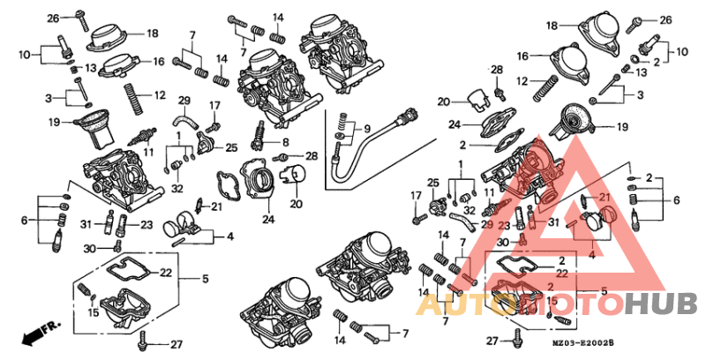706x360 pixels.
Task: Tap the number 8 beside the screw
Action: [286, 142]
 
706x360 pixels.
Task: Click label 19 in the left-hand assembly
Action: [54, 123]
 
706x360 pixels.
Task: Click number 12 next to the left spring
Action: [160, 94]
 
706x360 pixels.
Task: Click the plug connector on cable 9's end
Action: [407, 113]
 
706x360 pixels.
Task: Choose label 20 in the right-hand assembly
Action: [443, 101]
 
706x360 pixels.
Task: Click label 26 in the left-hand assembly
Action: [53, 18]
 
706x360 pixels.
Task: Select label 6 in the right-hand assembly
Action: [677, 200]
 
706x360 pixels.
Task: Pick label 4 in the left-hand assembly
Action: [229, 236]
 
